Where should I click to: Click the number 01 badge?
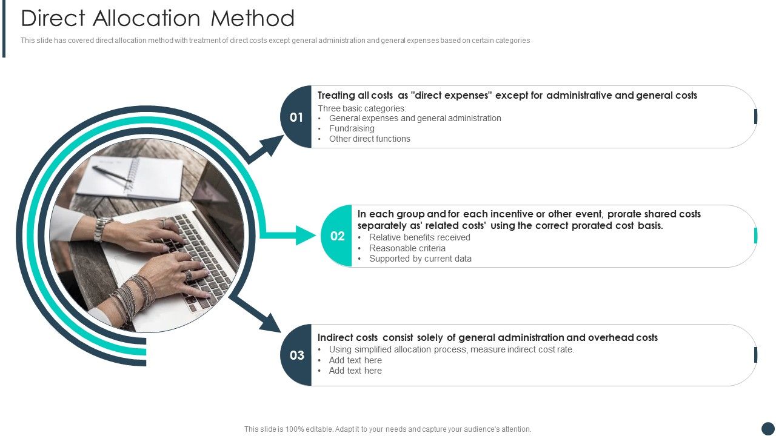coord(296,117)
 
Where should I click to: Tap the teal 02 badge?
coord(337,236)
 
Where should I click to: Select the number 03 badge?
coord(296,355)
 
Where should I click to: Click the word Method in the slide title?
coord(253,18)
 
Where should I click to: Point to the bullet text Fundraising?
coord(352,128)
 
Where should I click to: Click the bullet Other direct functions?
coord(369,139)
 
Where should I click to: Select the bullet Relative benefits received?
coord(420,237)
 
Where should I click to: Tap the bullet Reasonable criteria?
coord(407,248)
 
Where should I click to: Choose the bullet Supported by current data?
coord(420,259)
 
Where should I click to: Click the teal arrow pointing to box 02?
coord(303,235)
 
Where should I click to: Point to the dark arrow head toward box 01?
coord(271,145)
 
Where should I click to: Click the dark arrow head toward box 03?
coord(270,322)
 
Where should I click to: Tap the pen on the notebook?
coord(112,174)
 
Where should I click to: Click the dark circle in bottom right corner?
coord(768,428)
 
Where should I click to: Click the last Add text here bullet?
coord(355,371)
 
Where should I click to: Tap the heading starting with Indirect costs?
coord(487,337)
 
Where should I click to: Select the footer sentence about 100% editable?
coord(388,429)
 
